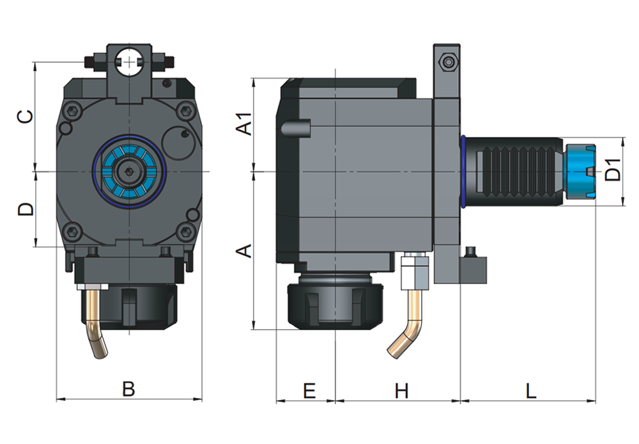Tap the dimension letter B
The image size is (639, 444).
(128, 389)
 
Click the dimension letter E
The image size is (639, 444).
(309, 390)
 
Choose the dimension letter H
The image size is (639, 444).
(401, 390)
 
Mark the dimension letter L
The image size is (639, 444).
(530, 390)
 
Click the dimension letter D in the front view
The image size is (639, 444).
(24, 209)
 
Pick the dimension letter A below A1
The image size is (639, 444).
(243, 251)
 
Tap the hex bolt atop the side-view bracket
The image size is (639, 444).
(449, 63)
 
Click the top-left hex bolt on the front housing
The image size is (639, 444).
(73, 110)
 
